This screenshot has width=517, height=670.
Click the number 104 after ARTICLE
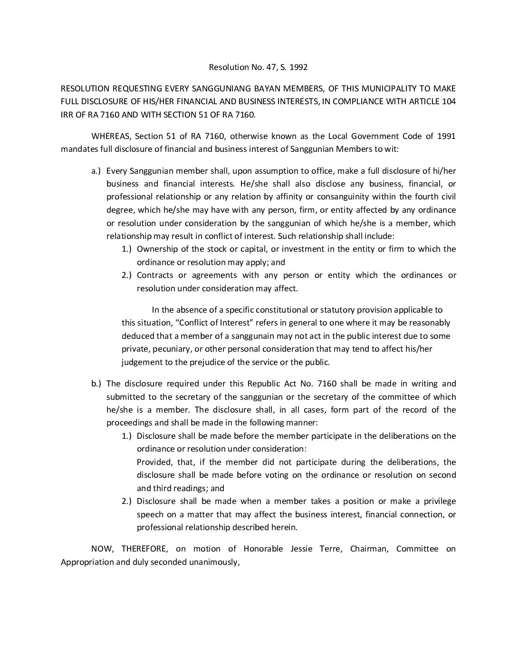pos(449,101)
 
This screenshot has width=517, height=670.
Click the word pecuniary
pos(169,349)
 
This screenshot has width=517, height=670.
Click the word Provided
pos(153,462)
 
